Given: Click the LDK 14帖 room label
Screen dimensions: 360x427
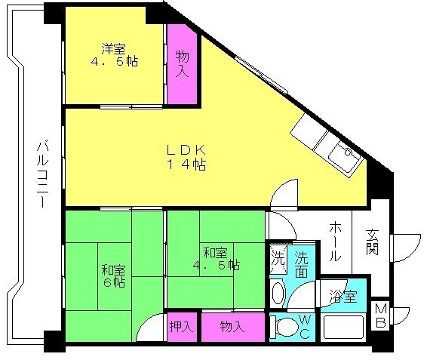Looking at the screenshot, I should pos(186,155).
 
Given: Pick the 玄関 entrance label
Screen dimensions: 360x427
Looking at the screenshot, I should pos(372,242).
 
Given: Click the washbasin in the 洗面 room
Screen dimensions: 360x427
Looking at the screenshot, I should pos(278,294).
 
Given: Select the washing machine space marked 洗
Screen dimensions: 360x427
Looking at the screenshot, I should pos(278,257).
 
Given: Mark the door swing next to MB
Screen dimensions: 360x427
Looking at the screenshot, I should pos(401,313).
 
